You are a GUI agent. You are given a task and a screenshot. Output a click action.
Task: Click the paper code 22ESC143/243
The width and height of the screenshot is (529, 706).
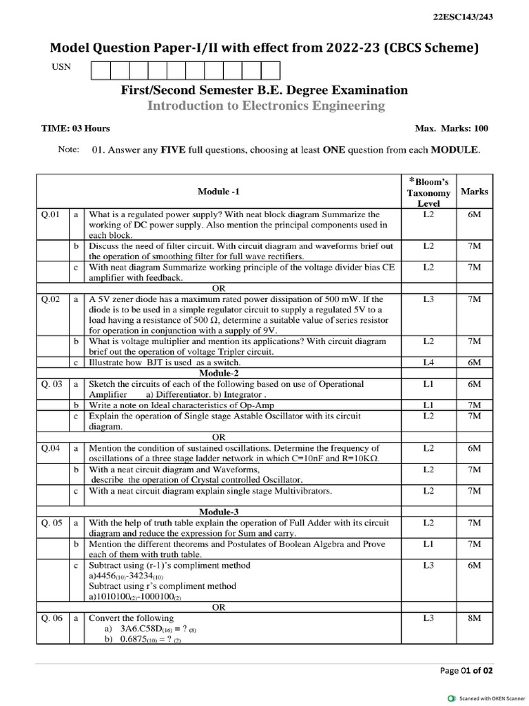click(464, 17)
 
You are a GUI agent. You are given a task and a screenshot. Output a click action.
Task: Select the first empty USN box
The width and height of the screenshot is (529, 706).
click(100, 70)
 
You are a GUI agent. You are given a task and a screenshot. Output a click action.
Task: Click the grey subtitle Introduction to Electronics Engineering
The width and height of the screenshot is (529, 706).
click(266, 105)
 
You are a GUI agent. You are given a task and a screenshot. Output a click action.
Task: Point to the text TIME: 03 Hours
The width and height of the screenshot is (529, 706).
click(76, 128)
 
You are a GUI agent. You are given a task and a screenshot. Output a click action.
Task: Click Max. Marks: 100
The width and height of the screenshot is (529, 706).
click(451, 128)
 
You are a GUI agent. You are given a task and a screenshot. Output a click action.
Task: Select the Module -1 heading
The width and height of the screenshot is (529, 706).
click(219, 192)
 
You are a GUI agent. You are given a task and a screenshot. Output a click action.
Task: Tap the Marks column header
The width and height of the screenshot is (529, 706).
click(475, 191)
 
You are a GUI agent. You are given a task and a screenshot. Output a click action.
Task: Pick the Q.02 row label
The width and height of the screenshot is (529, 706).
click(52, 299)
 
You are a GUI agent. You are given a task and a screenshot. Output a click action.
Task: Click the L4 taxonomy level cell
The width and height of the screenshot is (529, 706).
click(428, 362)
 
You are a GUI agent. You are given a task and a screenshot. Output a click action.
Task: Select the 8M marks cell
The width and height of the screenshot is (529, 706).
click(474, 618)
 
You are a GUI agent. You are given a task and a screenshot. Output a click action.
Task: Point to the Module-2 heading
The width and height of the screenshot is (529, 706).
click(219, 373)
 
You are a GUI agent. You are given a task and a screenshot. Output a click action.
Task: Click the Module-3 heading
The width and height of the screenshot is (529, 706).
click(219, 512)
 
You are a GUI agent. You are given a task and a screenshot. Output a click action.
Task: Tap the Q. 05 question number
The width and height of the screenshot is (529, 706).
click(52, 523)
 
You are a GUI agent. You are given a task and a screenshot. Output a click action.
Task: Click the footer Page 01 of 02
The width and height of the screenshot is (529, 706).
click(466, 670)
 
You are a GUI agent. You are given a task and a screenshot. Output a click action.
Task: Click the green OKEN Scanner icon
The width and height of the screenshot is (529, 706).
click(451, 696)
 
